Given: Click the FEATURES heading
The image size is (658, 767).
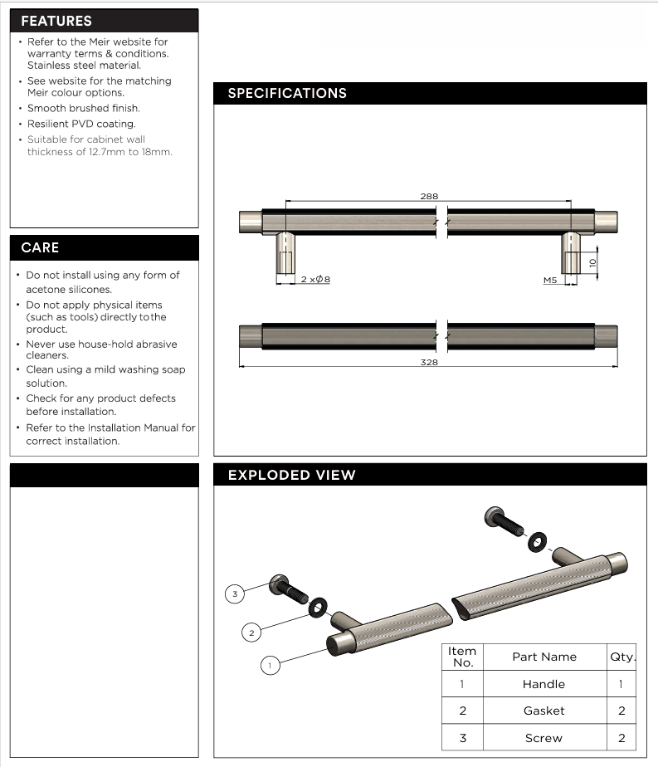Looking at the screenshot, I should [x=56, y=21].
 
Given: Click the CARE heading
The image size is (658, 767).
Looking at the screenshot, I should [x=40, y=247].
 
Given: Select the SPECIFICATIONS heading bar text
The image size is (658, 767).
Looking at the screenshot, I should [x=287, y=93].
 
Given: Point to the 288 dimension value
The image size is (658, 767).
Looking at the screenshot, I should [x=429, y=197].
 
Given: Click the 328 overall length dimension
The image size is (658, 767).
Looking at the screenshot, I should [x=429, y=362].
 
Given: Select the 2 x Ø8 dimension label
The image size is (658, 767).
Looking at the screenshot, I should [x=315, y=281].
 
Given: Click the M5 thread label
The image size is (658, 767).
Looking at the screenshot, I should [x=550, y=281].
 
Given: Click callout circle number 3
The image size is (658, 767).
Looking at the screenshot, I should [x=236, y=594].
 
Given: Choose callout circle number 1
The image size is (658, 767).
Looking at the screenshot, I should [x=269, y=665].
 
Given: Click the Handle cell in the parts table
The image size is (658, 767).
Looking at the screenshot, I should [x=543, y=684].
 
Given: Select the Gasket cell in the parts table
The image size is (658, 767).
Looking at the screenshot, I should [x=543, y=711].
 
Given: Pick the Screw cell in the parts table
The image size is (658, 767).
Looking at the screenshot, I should [x=543, y=738].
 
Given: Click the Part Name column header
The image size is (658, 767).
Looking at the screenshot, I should [x=543, y=657].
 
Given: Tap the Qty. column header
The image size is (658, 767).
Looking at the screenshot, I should [x=622, y=657].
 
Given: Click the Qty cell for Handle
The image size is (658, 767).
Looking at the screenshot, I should [x=621, y=684].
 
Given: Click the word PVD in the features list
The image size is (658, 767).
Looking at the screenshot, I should [x=86, y=124].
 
